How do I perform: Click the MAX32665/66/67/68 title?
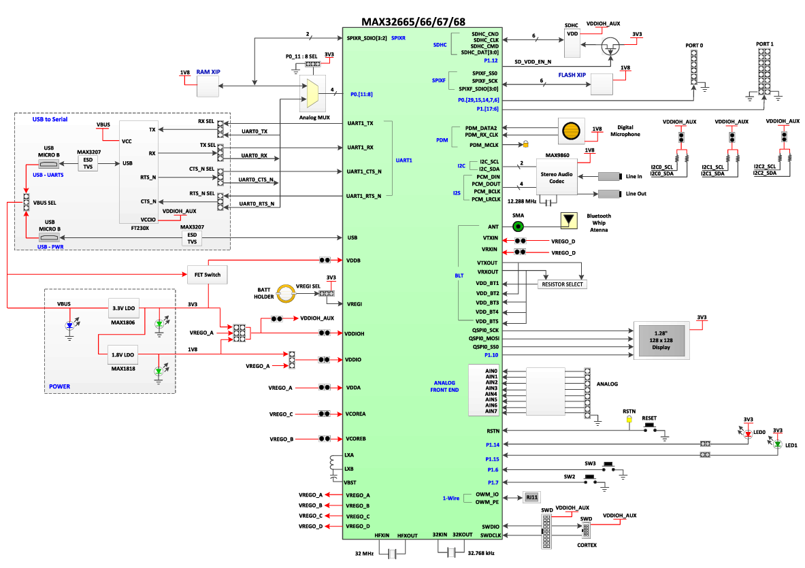click(413, 22)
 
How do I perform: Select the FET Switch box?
click(208, 275)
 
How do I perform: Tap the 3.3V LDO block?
click(124, 308)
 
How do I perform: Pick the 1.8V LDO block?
click(123, 354)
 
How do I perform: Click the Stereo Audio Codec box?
click(557, 178)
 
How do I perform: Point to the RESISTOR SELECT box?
click(562, 284)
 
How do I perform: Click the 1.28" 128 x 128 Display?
click(661, 340)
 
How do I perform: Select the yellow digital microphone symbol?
click(571, 131)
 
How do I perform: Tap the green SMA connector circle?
click(519, 227)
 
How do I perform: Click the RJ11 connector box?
click(532, 497)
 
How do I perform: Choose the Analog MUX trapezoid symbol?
click(312, 93)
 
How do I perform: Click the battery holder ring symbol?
click(286, 293)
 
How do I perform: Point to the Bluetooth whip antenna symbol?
click(568, 220)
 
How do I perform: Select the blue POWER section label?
click(60, 386)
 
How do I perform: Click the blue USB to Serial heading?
click(50, 119)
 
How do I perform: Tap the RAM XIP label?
click(208, 72)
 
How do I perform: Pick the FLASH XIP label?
click(572, 75)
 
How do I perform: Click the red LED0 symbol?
click(748, 434)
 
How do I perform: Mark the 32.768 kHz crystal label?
click(481, 553)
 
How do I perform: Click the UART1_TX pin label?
click(361, 123)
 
